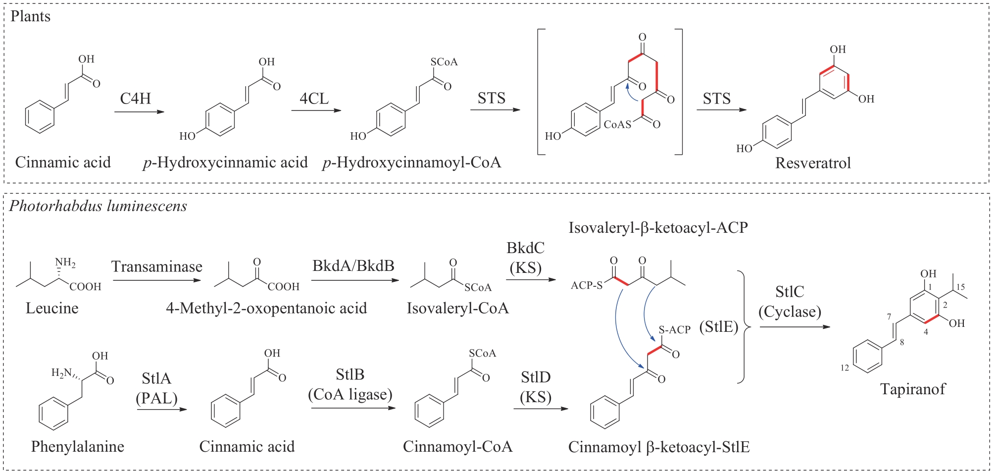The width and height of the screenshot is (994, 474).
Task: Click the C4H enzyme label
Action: [135, 98]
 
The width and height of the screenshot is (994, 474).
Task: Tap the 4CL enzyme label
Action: [314, 98]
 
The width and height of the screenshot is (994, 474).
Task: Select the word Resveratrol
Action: [813, 163]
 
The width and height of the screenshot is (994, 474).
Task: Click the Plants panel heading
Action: [31, 16]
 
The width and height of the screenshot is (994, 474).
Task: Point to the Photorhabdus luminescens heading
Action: [98, 206]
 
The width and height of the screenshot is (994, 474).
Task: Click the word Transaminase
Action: [157, 266]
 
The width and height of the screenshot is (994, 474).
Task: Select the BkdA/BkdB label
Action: [353, 266]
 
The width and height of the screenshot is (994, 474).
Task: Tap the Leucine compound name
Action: [52, 308]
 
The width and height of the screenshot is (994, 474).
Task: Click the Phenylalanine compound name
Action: [77, 446]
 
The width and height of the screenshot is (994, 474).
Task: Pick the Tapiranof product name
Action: [912, 389]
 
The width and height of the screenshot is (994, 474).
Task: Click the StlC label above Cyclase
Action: [790, 292]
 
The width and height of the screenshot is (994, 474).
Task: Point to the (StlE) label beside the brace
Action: [718, 327]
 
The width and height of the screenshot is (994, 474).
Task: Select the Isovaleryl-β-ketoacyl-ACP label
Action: [658, 228]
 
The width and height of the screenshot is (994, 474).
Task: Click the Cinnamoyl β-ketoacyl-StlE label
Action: [658, 447]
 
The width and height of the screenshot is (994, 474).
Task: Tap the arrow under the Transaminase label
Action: [157, 281]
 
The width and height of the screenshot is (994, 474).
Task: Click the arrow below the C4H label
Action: [139, 112]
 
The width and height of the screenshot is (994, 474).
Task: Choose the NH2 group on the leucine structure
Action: [65, 263]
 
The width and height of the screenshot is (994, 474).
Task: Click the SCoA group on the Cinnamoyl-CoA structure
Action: [482, 353]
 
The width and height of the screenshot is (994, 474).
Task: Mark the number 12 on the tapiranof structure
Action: [845, 368]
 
